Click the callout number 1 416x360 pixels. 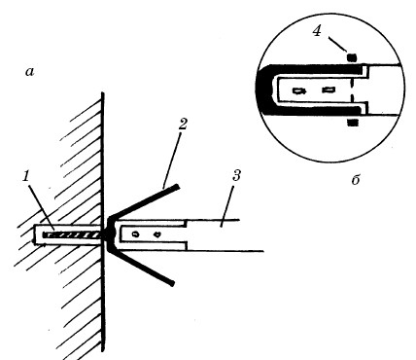coord(26,176)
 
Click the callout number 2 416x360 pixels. coord(183,124)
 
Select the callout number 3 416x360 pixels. coord(237,176)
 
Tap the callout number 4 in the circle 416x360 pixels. coord(317,31)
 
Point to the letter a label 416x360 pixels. coord(30,72)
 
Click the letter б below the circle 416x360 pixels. coord(356,179)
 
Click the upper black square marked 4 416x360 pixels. coord(352,57)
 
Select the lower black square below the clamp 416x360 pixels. coord(353,123)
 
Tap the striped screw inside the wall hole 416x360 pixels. coord(72,235)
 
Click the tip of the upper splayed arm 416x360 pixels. coord(177,187)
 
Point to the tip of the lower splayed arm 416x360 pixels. coord(172,283)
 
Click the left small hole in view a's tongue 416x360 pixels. coord(136,234)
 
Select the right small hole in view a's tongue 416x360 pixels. coord(157,234)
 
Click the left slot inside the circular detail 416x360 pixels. coord(299,90)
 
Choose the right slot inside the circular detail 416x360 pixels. coord(329,90)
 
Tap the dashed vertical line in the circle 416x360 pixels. coord(351,90)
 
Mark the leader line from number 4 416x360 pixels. coord(338,44)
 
